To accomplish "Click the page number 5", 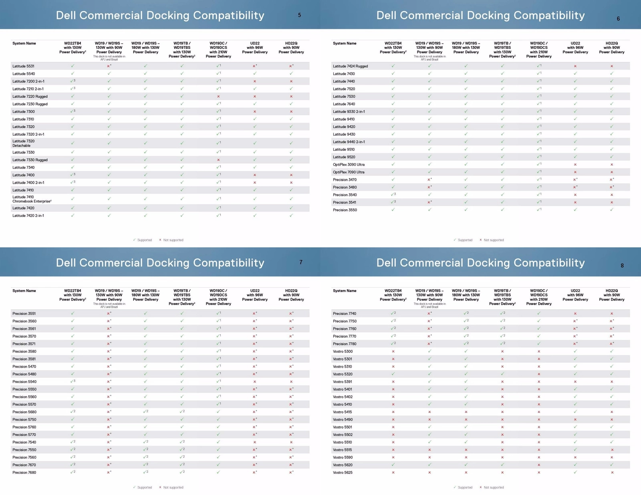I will pos(299,15).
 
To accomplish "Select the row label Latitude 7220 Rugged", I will pos(30,96).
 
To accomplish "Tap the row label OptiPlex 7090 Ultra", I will pos(349,172).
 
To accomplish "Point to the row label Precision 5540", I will pos(24,382).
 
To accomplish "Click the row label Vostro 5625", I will pos(343,473).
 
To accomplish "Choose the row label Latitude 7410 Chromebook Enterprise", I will pos(32,199).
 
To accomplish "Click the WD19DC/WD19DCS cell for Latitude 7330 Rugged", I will pos(218,160).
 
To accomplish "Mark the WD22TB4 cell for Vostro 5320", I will pos(393,374).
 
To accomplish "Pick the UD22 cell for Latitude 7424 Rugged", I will pos(575,66).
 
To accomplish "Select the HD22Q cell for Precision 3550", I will pos(612,210).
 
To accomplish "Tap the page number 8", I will pos(622,265).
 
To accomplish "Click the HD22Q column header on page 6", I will pos(612,48).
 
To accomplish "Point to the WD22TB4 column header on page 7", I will pos(73,295).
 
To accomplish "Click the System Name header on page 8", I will pos(345,291).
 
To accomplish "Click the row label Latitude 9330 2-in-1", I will pos(349,112).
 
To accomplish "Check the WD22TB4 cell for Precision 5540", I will pos(73,381).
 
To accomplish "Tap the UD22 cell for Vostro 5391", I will pos(575,382).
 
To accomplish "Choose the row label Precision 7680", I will pos(24,473).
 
